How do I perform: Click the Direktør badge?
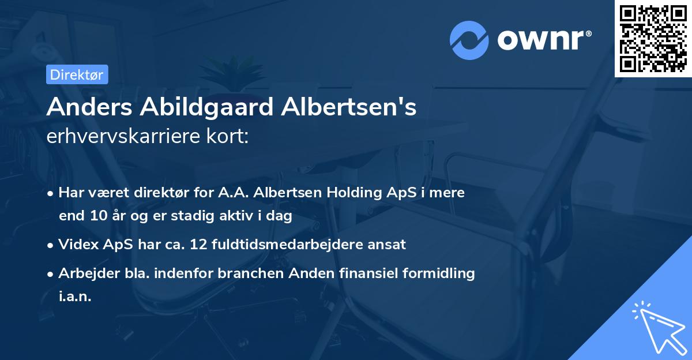(x=77, y=74)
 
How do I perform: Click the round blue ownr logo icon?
(x=469, y=40)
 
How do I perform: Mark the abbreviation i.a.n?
(x=75, y=297)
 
